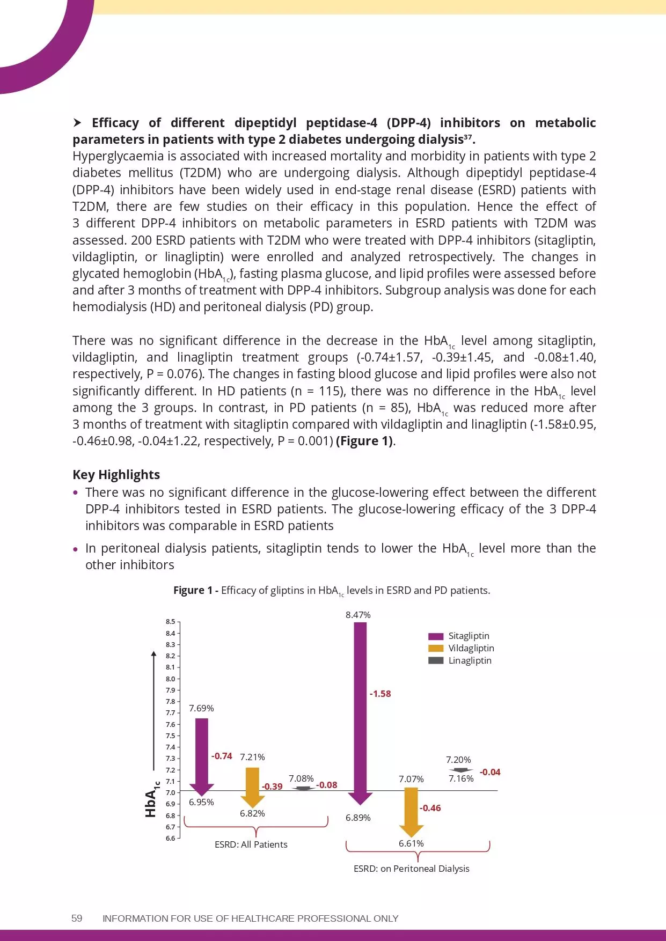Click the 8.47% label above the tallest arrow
(358, 615)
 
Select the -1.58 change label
(380, 694)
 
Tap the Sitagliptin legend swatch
(436, 636)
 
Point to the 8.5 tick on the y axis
(170, 622)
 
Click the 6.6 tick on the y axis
(170, 838)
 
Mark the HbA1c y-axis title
(152, 799)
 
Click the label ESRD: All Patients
(251, 844)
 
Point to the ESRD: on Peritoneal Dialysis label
(411, 869)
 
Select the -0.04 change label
(489, 772)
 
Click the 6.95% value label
(201, 802)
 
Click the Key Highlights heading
(116, 475)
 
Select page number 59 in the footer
(77, 918)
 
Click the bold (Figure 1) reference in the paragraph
(365, 441)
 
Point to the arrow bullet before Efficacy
(77, 123)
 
